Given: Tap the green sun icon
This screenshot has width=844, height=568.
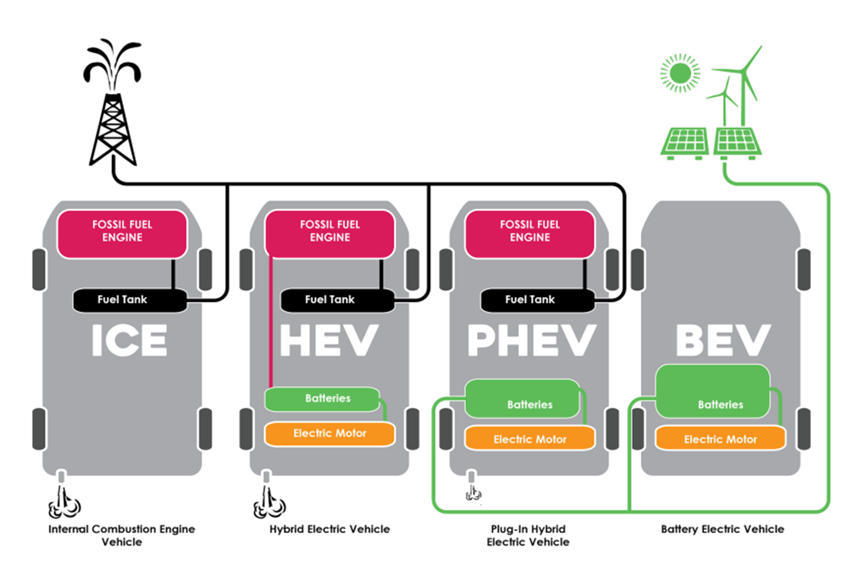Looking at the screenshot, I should pos(680,73).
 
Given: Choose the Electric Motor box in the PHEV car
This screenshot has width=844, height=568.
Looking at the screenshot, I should pos(530,439).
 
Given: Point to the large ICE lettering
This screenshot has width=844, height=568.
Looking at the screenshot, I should pos(129,340).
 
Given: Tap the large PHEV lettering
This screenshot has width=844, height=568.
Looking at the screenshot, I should pos(531,340).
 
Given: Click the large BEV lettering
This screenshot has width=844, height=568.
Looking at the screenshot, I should pos(723,340).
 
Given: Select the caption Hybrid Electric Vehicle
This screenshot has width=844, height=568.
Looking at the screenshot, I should pos(329,529).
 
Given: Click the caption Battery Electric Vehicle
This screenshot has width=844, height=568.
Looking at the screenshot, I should pos(722,529).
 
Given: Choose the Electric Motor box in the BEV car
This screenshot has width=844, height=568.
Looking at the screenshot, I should pos(720,439).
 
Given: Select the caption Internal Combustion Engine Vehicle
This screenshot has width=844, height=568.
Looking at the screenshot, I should pos(121,535).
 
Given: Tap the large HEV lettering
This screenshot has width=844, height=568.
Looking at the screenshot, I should pos(329,340).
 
